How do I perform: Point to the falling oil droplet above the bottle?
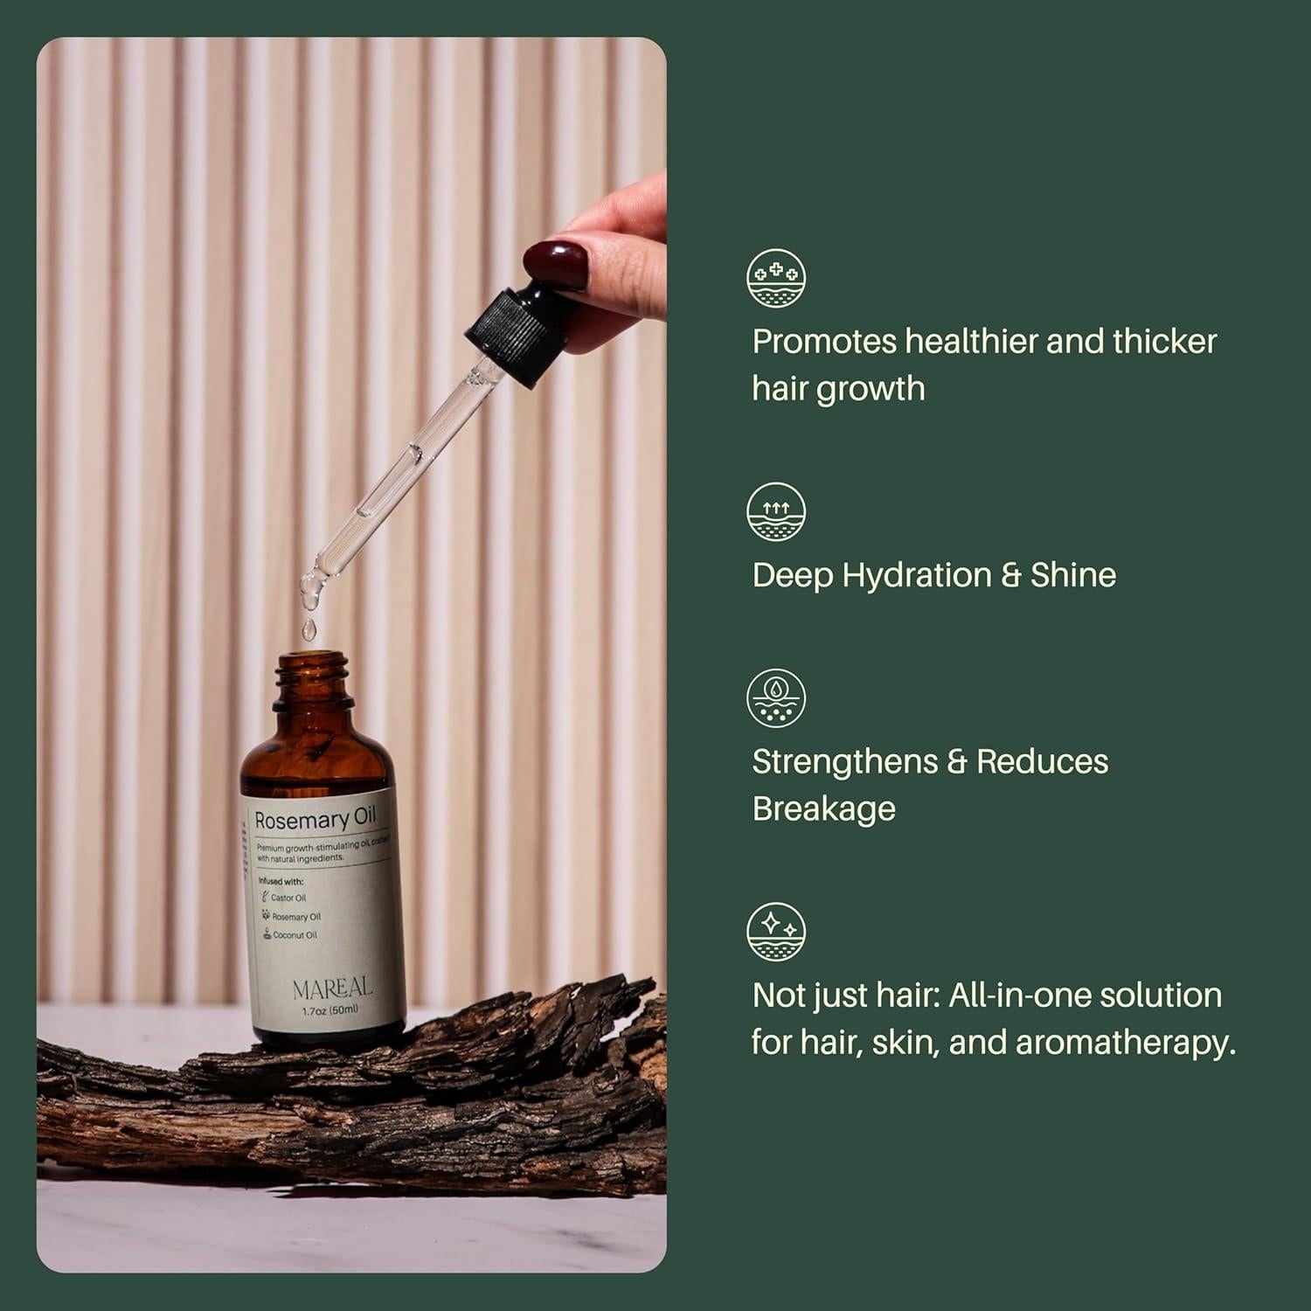(x=309, y=628)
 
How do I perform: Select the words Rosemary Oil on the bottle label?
(x=315, y=819)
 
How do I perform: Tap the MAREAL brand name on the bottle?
(x=332, y=988)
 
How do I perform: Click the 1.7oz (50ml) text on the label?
(x=329, y=1009)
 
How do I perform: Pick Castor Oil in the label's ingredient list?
(x=288, y=898)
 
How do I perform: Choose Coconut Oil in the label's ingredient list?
(x=295, y=935)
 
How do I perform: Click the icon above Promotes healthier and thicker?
(x=776, y=278)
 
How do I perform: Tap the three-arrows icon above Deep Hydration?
(x=776, y=511)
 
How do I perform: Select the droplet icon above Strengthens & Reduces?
(x=776, y=697)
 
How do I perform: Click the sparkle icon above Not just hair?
(x=776, y=932)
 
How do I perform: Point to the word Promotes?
(x=824, y=342)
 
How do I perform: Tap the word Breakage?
(x=823, y=809)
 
